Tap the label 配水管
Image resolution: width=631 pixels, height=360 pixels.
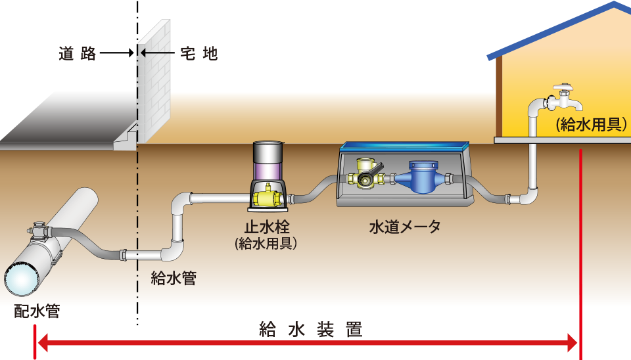click(x=37, y=311)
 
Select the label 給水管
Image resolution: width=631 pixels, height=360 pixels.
click(x=174, y=278)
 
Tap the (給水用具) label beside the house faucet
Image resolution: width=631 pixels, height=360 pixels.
click(x=590, y=124)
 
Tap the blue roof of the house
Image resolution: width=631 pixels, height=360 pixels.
click(x=559, y=30)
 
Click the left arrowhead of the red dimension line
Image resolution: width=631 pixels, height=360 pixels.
click(x=41, y=342)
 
